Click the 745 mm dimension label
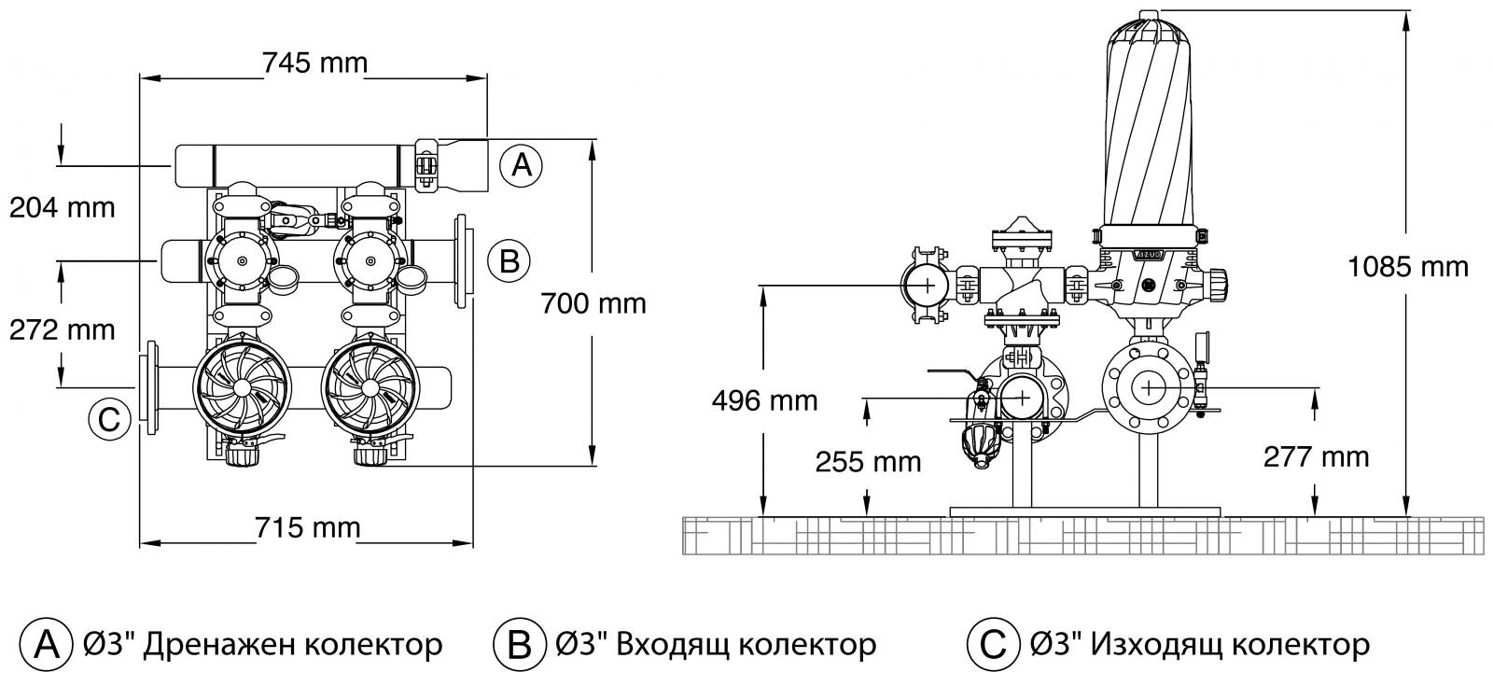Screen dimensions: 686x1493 coord(314,63)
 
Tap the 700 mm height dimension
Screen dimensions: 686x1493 coord(593,303)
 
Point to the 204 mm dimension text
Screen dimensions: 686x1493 coord(63,206)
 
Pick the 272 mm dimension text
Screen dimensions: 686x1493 coord(63,329)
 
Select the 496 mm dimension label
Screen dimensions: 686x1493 coord(764,400)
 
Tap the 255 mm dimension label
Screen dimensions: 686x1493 coord(868,461)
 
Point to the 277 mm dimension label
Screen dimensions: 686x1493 coord(1316,456)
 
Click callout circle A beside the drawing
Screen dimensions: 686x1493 coord(522,165)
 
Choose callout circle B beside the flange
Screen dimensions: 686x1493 coord(509,260)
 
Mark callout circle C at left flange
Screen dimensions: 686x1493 coord(109,420)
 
